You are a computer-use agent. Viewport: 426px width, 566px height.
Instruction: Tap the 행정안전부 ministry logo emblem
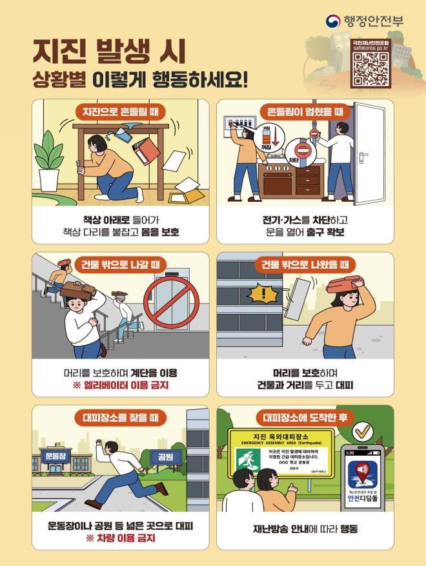coord(334,21)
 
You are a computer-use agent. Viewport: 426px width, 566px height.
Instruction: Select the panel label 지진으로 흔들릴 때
coord(121,112)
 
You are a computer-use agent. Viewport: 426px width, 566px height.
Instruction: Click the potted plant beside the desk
coord(49,159)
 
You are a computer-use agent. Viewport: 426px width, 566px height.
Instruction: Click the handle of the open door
coord(363,155)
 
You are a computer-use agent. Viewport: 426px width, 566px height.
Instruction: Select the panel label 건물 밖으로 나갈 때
coord(121,264)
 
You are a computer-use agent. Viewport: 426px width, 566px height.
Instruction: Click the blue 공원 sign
coord(161,456)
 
